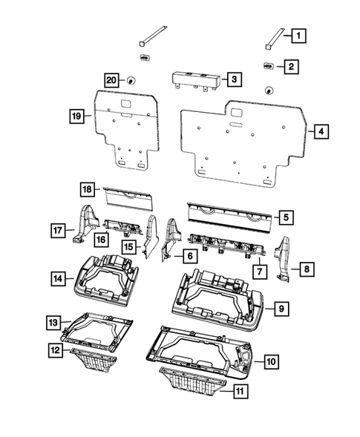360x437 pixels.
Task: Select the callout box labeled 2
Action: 291,67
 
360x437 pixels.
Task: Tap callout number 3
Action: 233,79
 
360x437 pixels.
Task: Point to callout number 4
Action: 321,131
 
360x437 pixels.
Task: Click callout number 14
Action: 58,278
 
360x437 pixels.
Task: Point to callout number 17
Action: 58,231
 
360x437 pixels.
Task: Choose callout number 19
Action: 76,116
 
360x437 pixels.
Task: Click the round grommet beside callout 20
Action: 130,79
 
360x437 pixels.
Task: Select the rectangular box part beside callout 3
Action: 195,80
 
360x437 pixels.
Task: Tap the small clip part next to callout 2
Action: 268,67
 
